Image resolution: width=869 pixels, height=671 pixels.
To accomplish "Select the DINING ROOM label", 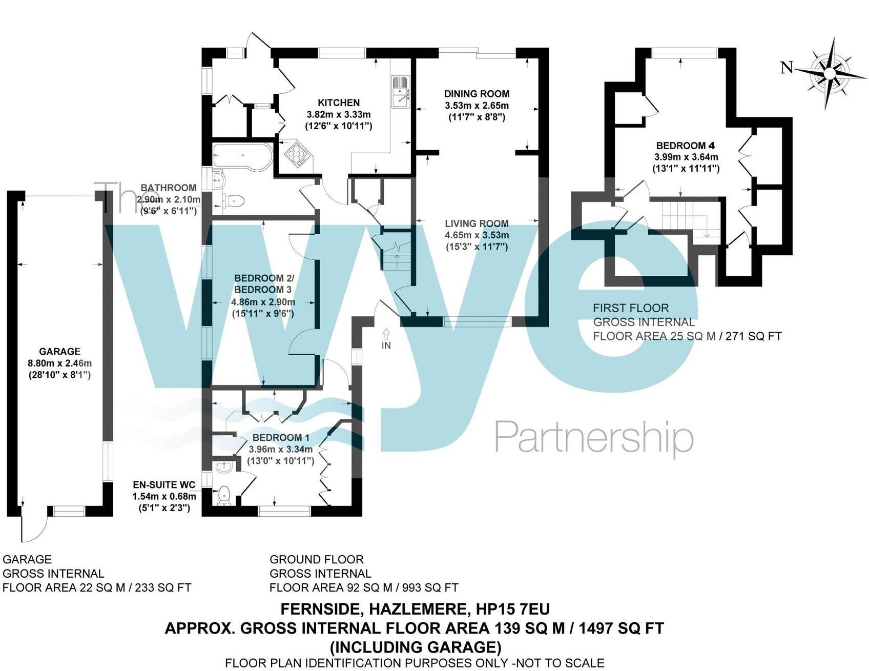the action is [x=477, y=94].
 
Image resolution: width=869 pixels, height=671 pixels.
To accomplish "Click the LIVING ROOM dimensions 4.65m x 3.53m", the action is [x=477, y=235].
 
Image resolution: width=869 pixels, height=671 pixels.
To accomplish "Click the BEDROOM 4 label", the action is [x=685, y=145].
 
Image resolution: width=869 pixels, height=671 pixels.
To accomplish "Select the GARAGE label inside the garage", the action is [x=60, y=352].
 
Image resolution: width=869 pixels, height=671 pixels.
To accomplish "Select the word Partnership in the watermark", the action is [x=594, y=437].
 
